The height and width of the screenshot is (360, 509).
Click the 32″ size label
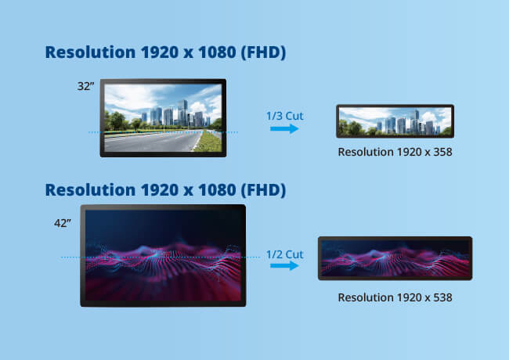click(x=86, y=85)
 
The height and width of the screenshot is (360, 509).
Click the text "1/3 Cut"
click(x=284, y=116)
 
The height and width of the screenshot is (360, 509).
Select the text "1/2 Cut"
click(x=284, y=254)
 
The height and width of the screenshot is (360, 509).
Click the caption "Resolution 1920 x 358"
click(x=395, y=151)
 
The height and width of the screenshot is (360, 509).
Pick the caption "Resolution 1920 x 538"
click(x=395, y=297)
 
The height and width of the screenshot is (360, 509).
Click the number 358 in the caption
click(x=441, y=151)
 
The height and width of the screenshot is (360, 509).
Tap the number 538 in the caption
click(x=441, y=297)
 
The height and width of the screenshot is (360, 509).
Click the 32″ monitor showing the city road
click(x=163, y=117)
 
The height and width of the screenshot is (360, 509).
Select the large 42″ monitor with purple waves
click(x=163, y=255)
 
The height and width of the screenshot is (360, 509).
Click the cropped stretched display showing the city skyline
click(x=394, y=121)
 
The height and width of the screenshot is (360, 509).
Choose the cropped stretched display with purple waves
click(x=395, y=258)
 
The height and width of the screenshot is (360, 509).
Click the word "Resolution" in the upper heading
click(x=88, y=52)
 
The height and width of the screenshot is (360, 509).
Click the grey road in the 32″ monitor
click(x=149, y=142)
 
